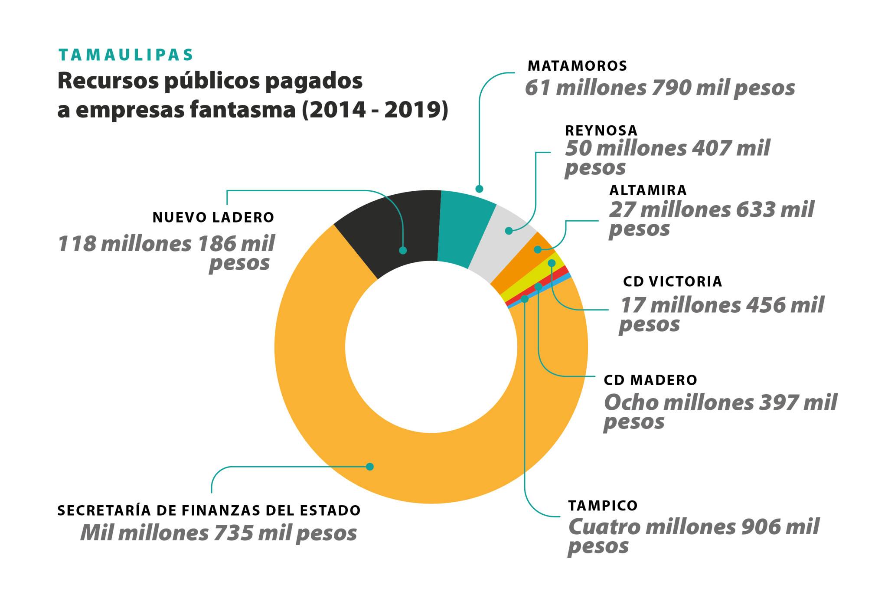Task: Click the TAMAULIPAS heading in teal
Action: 126,55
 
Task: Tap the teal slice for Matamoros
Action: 464,230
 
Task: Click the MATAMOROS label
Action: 577,66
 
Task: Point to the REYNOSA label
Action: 601,131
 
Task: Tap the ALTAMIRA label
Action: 648,190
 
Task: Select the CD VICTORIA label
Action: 673,281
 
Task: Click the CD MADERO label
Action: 650,380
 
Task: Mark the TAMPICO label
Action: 603,506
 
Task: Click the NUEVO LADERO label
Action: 213,218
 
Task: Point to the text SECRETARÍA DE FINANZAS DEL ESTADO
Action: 209,510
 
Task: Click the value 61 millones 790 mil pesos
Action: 659,88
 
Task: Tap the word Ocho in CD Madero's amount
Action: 630,403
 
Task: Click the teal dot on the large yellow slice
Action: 369,467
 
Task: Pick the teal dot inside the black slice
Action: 403,250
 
